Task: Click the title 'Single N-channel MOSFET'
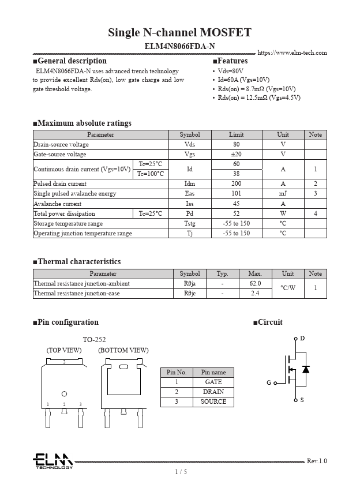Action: coord(179,32)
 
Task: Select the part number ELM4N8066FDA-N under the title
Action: coord(179,46)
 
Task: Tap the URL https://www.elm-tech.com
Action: coord(292,53)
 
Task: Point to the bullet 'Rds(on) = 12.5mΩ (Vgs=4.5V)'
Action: coord(258,97)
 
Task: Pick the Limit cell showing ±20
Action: coord(236,155)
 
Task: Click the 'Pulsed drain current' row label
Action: coord(60,184)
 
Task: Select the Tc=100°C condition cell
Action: coord(151,174)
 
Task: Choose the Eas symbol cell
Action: coord(189,194)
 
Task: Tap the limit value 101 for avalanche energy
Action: coord(236,194)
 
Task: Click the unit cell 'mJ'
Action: coord(283,194)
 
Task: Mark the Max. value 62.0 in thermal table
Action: coord(255,284)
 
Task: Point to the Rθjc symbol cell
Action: coord(190,294)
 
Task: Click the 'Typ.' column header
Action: coord(222,274)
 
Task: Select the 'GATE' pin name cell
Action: coord(213,382)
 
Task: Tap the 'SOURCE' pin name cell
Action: coord(213,402)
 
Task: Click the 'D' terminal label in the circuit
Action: coord(302,338)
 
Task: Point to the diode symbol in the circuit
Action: coord(306,369)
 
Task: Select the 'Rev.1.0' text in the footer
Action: coord(317,461)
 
